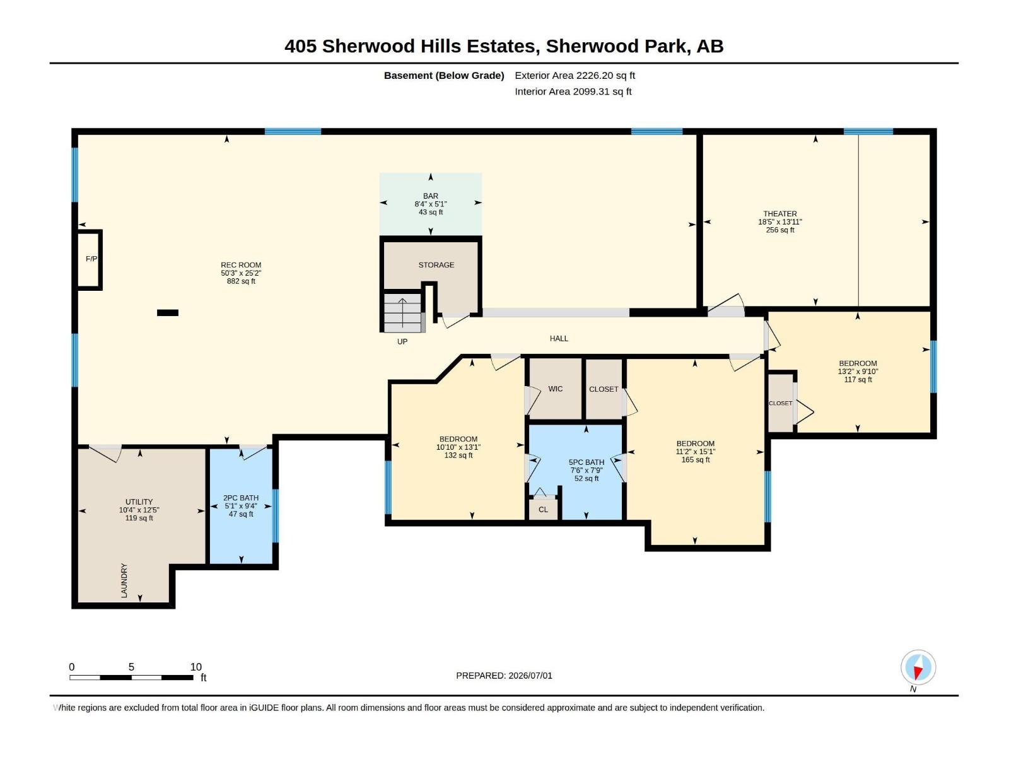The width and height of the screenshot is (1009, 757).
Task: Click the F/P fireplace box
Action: click(89, 260)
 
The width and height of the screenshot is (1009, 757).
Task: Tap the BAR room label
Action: click(430, 196)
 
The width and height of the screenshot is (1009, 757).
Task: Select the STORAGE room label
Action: click(436, 265)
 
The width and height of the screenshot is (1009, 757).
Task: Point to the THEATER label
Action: click(779, 214)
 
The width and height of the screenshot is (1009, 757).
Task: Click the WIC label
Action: click(555, 389)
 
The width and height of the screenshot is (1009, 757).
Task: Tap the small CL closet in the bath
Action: click(543, 509)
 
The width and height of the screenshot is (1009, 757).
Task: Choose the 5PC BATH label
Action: click(586, 462)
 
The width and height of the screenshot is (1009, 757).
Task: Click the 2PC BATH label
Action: click(240, 498)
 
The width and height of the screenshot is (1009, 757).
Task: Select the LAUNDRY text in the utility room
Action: click(124, 580)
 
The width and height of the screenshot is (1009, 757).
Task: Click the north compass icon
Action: click(918, 667)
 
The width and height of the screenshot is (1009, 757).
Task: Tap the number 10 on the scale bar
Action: click(196, 667)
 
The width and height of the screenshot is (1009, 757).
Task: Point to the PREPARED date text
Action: click(504, 676)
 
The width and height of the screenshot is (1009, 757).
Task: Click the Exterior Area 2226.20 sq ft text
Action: click(574, 75)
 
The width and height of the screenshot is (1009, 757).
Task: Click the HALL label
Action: click(559, 339)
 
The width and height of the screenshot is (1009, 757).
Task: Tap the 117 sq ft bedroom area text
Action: click(857, 380)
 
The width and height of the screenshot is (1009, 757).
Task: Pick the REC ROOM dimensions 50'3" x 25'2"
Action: click(240, 273)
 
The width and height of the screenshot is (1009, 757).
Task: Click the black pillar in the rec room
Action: click(167, 313)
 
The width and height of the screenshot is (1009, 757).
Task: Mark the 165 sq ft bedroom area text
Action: click(695, 460)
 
